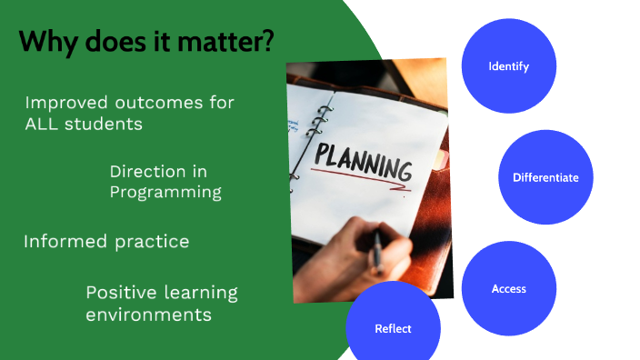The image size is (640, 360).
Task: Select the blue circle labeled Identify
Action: [x=508, y=66]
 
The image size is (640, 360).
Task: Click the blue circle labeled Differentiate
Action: [x=545, y=177]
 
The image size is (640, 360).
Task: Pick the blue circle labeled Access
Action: [x=508, y=288]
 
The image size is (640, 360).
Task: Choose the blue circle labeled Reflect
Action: [x=393, y=328]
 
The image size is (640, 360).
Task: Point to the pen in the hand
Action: [x=375, y=251]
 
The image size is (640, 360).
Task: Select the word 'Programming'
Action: [x=165, y=192]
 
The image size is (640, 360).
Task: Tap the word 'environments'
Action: [x=149, y=315]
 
